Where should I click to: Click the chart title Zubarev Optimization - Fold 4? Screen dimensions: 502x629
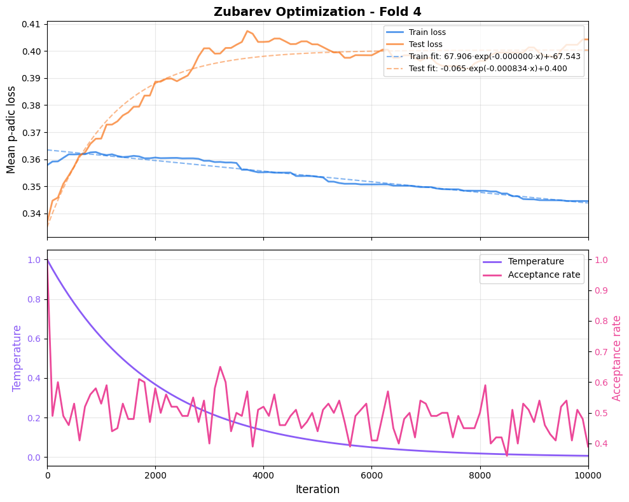[x=317, y=11]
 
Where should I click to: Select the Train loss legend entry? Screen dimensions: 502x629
[x=427, y=32]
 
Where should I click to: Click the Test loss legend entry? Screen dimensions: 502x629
[x=425, y=44]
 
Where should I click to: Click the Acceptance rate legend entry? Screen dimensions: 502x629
[x=544, y=275]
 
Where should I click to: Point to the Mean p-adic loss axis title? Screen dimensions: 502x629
[x=11, y=129]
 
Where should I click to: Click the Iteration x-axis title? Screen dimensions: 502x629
[x=317, y=489]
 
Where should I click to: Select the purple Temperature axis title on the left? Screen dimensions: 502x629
[x=17, y=358]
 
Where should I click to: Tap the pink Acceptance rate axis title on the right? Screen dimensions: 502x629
[x=616, y=358]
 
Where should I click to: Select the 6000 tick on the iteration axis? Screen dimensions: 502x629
[x=371, y=474]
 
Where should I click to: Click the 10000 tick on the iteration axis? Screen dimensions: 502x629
[x=588, y=474]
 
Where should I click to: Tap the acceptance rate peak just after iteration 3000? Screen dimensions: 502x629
[x=220, y=367]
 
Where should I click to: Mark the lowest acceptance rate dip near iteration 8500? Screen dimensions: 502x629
[x=507, y=456]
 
